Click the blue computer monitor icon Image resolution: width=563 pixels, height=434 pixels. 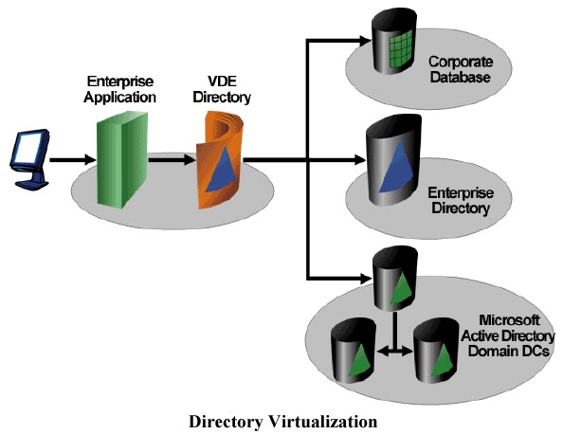pos(29,158)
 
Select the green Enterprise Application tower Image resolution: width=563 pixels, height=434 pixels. pos(122,159)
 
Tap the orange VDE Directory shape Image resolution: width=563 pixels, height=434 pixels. pos(219,160)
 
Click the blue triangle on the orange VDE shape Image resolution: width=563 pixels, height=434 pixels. pos(222,169)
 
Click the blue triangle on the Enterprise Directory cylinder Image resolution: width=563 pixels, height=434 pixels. pos(397,166)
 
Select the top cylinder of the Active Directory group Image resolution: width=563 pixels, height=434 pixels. pos(395,279)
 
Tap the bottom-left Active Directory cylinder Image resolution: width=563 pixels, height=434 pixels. pos(354,351)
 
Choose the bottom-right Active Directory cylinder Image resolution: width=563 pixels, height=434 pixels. pos(436,351)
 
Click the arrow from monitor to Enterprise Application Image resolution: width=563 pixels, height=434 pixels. pos(73,159)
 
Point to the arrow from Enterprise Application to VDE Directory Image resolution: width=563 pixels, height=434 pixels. pos(172,159)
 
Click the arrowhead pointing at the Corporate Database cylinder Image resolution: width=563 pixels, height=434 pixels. pos(365,40)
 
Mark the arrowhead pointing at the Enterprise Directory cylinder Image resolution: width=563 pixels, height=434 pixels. pos(360,160)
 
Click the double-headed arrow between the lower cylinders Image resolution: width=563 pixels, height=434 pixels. pos(395,351)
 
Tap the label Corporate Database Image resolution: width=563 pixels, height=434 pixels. pos(461,69)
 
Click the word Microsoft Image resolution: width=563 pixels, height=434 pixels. pos(509,320)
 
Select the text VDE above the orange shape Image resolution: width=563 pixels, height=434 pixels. pos(222,81)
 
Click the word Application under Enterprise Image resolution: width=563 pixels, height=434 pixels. pos(120,98)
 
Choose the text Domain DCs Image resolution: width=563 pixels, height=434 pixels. pos(509,351)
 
